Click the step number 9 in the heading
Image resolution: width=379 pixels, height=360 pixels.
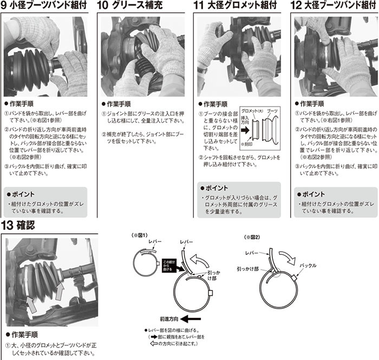tap(5, 7)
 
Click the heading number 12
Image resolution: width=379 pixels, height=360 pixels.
tap(297, 7)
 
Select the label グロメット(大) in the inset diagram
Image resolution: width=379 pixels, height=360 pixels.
tap(251, 110)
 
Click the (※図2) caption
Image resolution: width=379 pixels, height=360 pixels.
tap(252, 237)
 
